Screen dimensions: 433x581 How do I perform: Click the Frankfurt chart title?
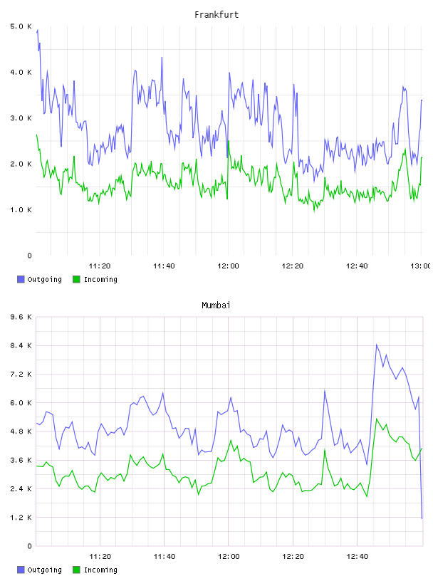[x=216, y=15]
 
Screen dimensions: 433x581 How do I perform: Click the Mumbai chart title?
[x=216, y=305]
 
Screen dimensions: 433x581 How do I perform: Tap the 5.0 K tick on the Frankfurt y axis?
[x=21, y=26]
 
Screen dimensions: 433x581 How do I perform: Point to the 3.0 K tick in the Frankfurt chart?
[x=21, y=118]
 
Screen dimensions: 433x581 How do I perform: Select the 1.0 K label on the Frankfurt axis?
[x=21, y=210]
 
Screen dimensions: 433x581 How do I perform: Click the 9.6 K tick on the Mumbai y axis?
[x=21, y=317]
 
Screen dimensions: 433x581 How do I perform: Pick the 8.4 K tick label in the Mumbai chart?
[x=21, y=346]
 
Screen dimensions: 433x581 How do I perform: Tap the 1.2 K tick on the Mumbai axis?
[x=21, y=517]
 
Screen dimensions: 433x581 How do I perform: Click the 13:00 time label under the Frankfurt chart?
[x=421, y=266]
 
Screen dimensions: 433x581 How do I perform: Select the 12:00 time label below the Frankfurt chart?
[x=228, y=266]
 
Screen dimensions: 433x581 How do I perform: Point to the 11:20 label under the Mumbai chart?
[x=100, y=556]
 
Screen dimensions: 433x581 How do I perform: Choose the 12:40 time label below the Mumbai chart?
[x=357, y=556]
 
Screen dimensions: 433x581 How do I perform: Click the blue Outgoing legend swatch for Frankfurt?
[x=21, y=279]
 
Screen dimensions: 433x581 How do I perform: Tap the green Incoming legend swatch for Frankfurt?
[x=76, y=279]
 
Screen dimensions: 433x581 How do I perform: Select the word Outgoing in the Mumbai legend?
[x=44, y=570]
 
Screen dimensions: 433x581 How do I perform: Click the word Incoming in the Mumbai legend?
[x=100, y=570]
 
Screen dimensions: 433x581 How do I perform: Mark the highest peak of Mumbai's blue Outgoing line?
[x=376, y=345]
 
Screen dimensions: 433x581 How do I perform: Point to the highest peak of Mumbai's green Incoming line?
[x=376, y=419]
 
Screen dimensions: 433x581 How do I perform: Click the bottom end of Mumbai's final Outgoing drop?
[x=422, y=518]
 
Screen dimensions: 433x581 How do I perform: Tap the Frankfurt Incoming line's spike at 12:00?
[x=229, y=141]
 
